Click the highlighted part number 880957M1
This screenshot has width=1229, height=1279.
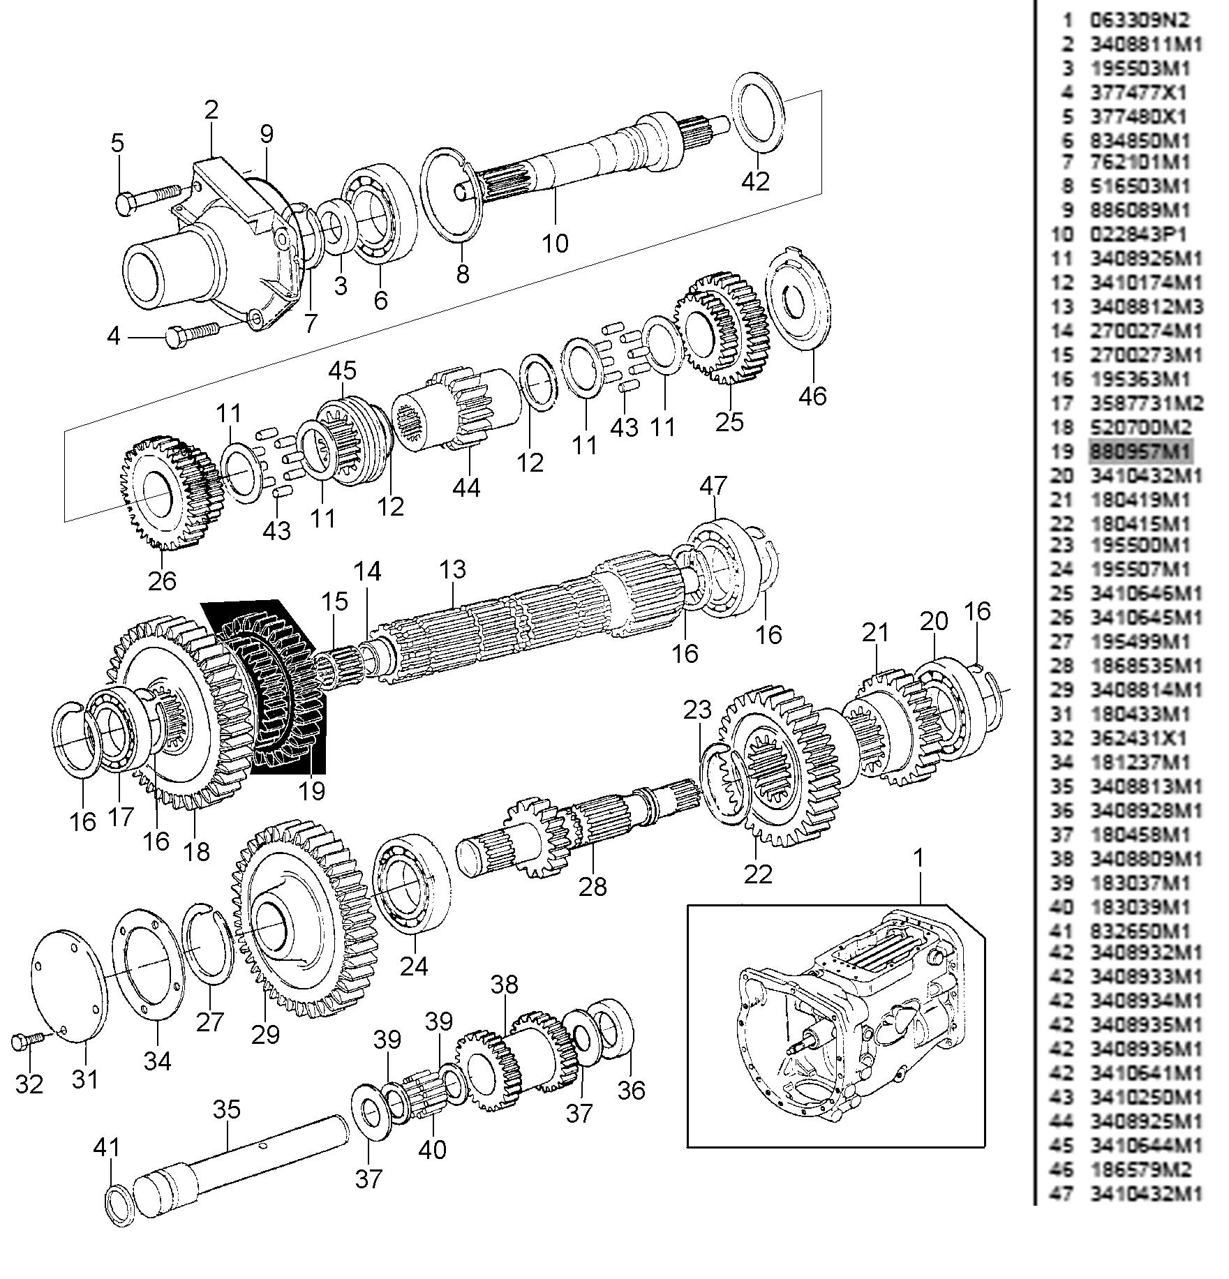pyautogui.click(x=1140, y=451)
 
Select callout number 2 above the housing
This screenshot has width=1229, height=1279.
pyautogui.click(x=211, y=109)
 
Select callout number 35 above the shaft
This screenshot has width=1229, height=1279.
pyautogui.click(x=227, y=1109)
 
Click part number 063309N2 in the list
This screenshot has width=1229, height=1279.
pyautogui.click(x=1138, y=20)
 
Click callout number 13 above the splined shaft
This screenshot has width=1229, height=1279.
pyautogui.click(x=452, y=569)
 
